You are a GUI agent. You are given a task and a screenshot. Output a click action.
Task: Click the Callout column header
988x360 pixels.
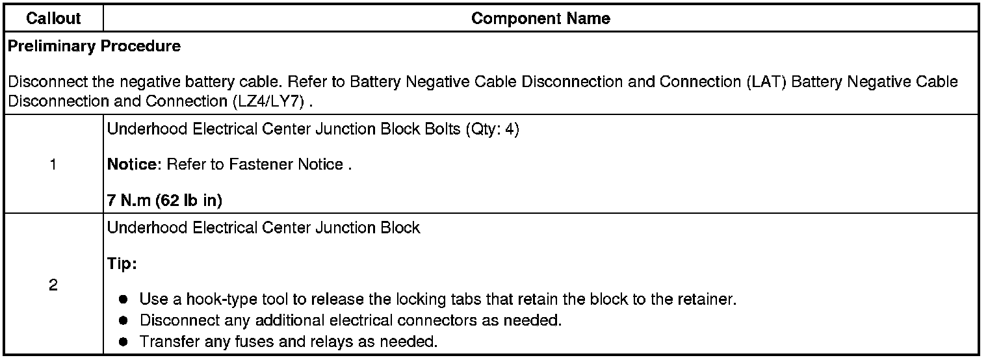point(53,19)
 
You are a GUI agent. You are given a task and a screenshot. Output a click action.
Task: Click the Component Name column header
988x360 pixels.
point(540,19)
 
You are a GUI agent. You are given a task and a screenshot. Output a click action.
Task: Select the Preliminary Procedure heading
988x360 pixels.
point(94,47)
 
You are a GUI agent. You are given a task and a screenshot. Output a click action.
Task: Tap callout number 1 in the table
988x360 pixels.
point(53,165)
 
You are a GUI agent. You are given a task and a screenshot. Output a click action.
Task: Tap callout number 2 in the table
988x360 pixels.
point(53,285)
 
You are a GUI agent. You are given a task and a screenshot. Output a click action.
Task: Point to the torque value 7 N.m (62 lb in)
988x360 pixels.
point(164,201)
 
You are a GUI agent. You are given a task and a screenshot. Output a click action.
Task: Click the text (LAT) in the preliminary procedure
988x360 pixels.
point(769,83)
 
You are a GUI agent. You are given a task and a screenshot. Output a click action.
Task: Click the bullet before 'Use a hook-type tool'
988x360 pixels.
point(123,301)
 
